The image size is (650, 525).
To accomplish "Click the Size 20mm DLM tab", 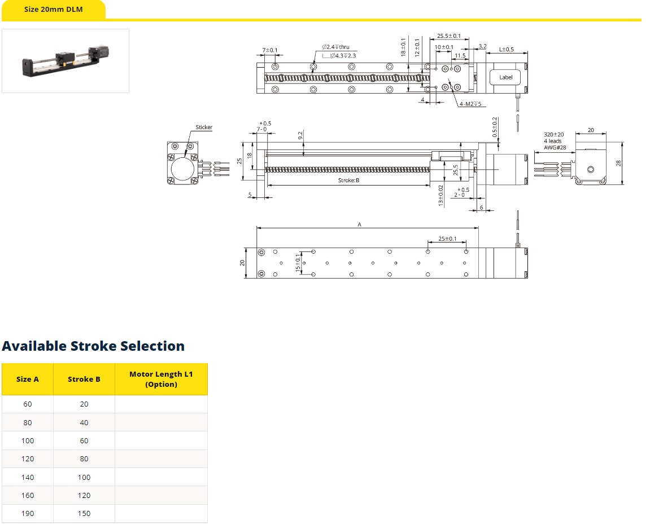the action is click(x=54, y=10).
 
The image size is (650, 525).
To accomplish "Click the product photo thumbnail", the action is click(x=66, y=61).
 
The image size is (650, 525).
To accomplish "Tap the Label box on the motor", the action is click(x=505, y=77).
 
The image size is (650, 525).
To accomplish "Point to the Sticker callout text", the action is click(x=204, y=127).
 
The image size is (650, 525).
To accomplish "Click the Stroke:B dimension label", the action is click(x=348, y=180).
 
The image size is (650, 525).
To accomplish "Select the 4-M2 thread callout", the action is click(x=470, y=104).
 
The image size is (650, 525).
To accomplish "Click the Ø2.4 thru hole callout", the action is click(x=336, y=47).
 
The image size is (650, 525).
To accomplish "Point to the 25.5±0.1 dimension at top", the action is click(x=448, y=36).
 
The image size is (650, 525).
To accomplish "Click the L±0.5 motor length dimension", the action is click(x=506, y=49).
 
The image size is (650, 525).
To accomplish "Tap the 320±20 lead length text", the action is click(x=554, y=135).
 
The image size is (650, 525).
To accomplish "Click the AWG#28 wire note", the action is click(x=555, y=147).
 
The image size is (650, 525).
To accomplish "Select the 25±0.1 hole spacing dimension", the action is click(x=447, y=239).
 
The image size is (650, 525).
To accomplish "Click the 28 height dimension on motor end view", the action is click(x=618, y=163).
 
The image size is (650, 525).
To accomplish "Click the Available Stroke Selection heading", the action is click(x=93, y=346).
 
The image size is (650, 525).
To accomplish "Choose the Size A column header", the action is click(x=27, y=380).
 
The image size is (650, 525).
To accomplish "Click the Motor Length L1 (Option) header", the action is click(x=162, y=380).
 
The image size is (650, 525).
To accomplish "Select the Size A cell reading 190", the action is click(x=27, y=513).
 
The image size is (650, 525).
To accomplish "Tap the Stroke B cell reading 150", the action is click(x=84, y=513).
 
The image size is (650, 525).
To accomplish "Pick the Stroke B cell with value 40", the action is click(x=84, y=423).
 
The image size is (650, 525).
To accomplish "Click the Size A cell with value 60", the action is click(x=27, y=404).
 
